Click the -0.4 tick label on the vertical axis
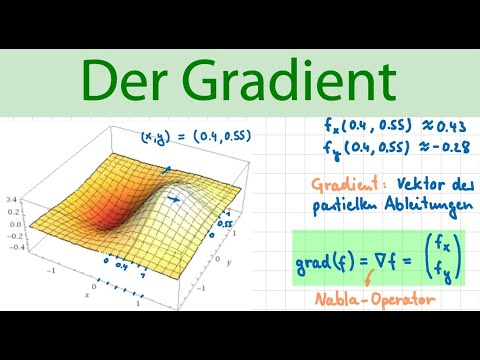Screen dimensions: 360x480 tap(14, 247)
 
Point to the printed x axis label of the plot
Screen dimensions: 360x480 tap(88, 295)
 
